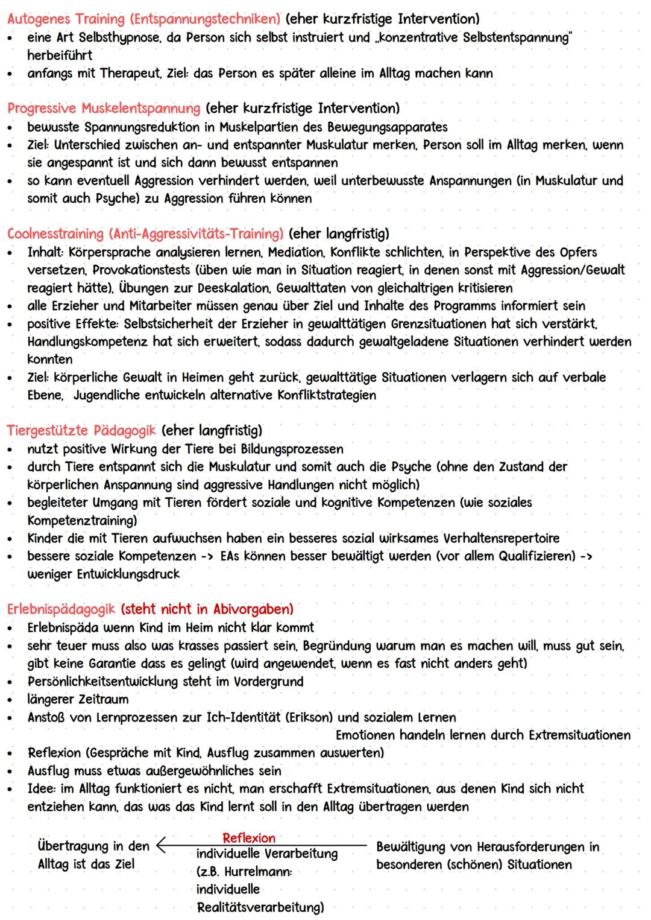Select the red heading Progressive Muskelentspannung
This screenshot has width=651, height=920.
[103, 109]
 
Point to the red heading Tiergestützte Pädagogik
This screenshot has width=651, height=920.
[81, 431]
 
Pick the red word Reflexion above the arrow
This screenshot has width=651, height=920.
[248, 838]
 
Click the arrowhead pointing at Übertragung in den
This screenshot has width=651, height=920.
[160, 846]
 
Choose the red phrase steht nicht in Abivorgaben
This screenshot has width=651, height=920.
[207, 609]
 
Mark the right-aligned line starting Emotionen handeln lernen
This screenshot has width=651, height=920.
[483, 735]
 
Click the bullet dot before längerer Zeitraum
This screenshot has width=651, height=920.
[10, 700]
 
